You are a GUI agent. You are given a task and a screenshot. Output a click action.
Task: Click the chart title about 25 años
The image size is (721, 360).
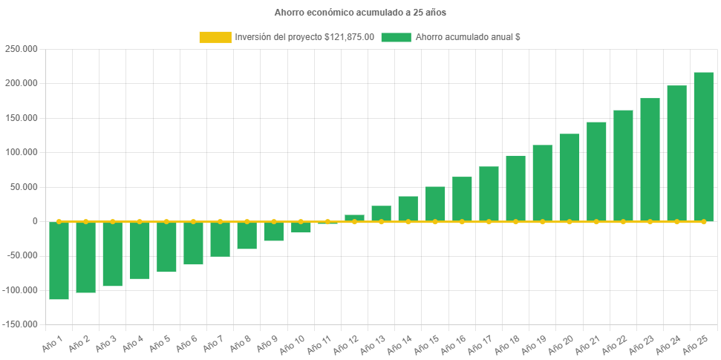(x=360, y=13)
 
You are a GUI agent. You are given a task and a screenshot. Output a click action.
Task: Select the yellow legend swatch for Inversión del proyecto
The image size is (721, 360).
(x=215, y=37)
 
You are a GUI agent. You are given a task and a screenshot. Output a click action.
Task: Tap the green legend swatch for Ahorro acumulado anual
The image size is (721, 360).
(x=396, y=37)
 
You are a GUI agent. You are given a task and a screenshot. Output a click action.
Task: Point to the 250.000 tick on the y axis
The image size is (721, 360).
(x=21, y=49)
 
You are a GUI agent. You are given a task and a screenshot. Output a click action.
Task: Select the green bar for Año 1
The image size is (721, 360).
(x=59, y=261)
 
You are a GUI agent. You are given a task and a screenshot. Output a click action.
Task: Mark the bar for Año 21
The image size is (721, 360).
(x=596, y=171)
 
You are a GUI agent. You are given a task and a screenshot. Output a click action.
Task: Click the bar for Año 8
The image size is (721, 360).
(x=247, y=235)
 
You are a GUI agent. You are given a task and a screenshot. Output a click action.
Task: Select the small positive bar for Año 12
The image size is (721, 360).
(x=354, y=217)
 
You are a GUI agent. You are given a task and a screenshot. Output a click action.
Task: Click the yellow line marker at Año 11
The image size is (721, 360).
(x=327, y=221)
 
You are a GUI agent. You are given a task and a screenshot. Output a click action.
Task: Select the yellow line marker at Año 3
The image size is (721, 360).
(x=113, y=221)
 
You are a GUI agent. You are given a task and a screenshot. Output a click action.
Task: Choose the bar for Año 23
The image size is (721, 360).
(x=650, y=160)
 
